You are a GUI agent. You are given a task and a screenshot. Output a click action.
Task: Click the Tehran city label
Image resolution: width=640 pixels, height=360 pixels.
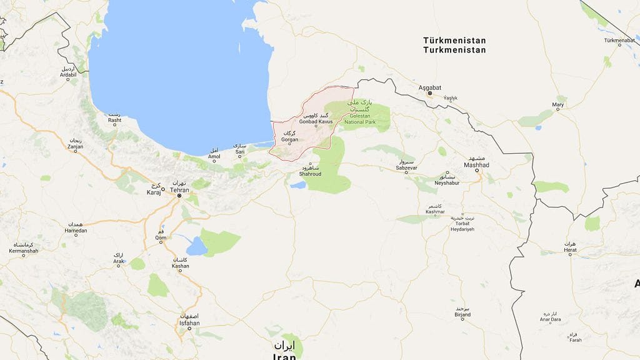tap(179, 190)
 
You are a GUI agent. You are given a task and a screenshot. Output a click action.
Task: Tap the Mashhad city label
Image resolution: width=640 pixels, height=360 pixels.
tap(476, 165)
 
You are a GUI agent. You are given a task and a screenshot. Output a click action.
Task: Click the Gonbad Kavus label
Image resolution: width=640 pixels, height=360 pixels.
tap(316, 121)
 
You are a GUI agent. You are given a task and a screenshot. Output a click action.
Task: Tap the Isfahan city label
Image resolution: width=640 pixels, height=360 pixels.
tap(189, 323)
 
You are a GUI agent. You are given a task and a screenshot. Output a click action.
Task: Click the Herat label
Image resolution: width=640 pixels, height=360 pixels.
tap(570, 250)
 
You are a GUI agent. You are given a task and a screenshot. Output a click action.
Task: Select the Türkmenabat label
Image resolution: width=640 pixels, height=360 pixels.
tap(619, 41)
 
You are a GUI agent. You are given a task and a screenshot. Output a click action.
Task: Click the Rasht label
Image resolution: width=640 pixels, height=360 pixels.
tap(114, 121)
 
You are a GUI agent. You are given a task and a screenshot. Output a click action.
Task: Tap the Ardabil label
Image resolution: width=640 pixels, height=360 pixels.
tap(67, 75)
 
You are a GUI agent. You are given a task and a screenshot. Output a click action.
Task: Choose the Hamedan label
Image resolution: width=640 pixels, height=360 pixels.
tap(76, 231)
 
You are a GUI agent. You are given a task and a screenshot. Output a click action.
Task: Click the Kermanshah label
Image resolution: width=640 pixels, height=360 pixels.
tap(23, 251)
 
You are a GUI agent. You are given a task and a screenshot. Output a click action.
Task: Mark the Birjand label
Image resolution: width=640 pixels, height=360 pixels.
tap(462, 315)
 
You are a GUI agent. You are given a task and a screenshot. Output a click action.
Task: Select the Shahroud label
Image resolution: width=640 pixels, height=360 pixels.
tap(311, 174)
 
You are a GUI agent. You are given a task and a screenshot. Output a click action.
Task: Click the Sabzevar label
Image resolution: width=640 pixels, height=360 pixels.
tap(406, 169)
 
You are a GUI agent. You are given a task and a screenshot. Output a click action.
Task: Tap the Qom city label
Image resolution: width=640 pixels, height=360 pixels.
tap(161, 238)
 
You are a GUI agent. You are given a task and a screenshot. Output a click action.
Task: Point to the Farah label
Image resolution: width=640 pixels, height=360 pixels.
tap(575, 340)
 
